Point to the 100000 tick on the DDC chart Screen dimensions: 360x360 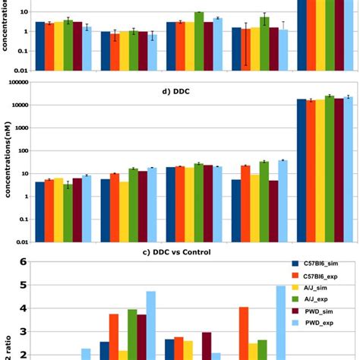pos(20,82)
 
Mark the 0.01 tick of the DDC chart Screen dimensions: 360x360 pos(23,242)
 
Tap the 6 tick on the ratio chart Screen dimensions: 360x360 pos(23,262)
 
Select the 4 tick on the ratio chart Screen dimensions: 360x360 pos(23,308)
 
